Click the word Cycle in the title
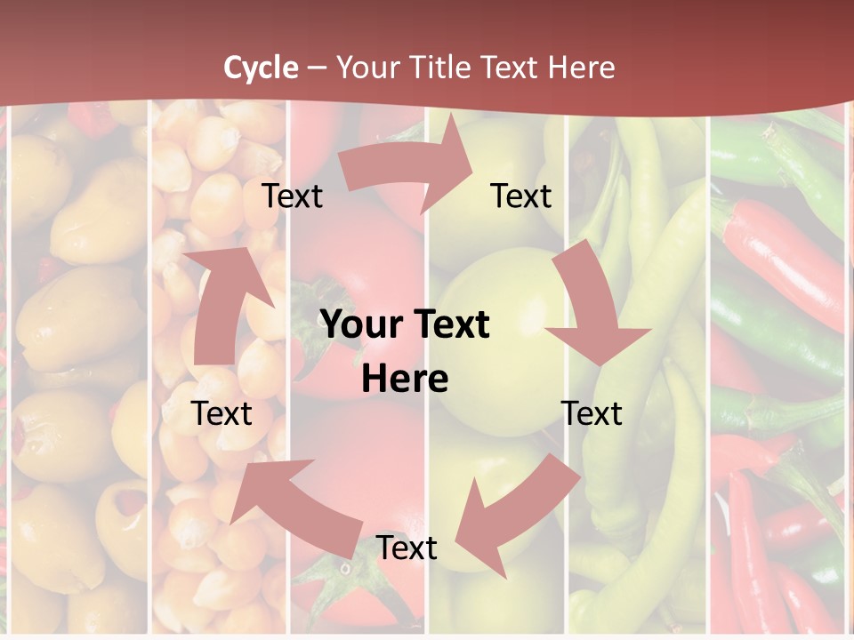click(261, 68)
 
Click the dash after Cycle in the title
click(317, 68)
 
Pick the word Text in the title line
click(510, 68)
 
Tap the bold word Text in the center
click(448, 324)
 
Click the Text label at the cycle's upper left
click(292, 196)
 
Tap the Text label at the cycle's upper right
click(521, 196)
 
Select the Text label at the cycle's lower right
click(592, 413)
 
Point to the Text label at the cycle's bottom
click(407, 548)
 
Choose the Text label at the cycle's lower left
click(222, 413)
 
